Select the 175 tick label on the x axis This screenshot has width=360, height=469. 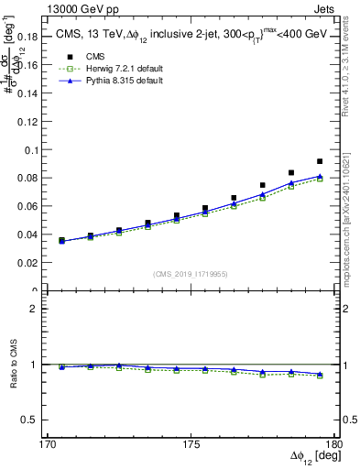[x=191, y=444]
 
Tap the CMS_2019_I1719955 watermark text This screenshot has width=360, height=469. [x=190, y=272]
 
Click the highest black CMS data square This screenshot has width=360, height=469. [x=320, y=161]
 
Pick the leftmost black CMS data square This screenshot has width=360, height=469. [x=61, y=240]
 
